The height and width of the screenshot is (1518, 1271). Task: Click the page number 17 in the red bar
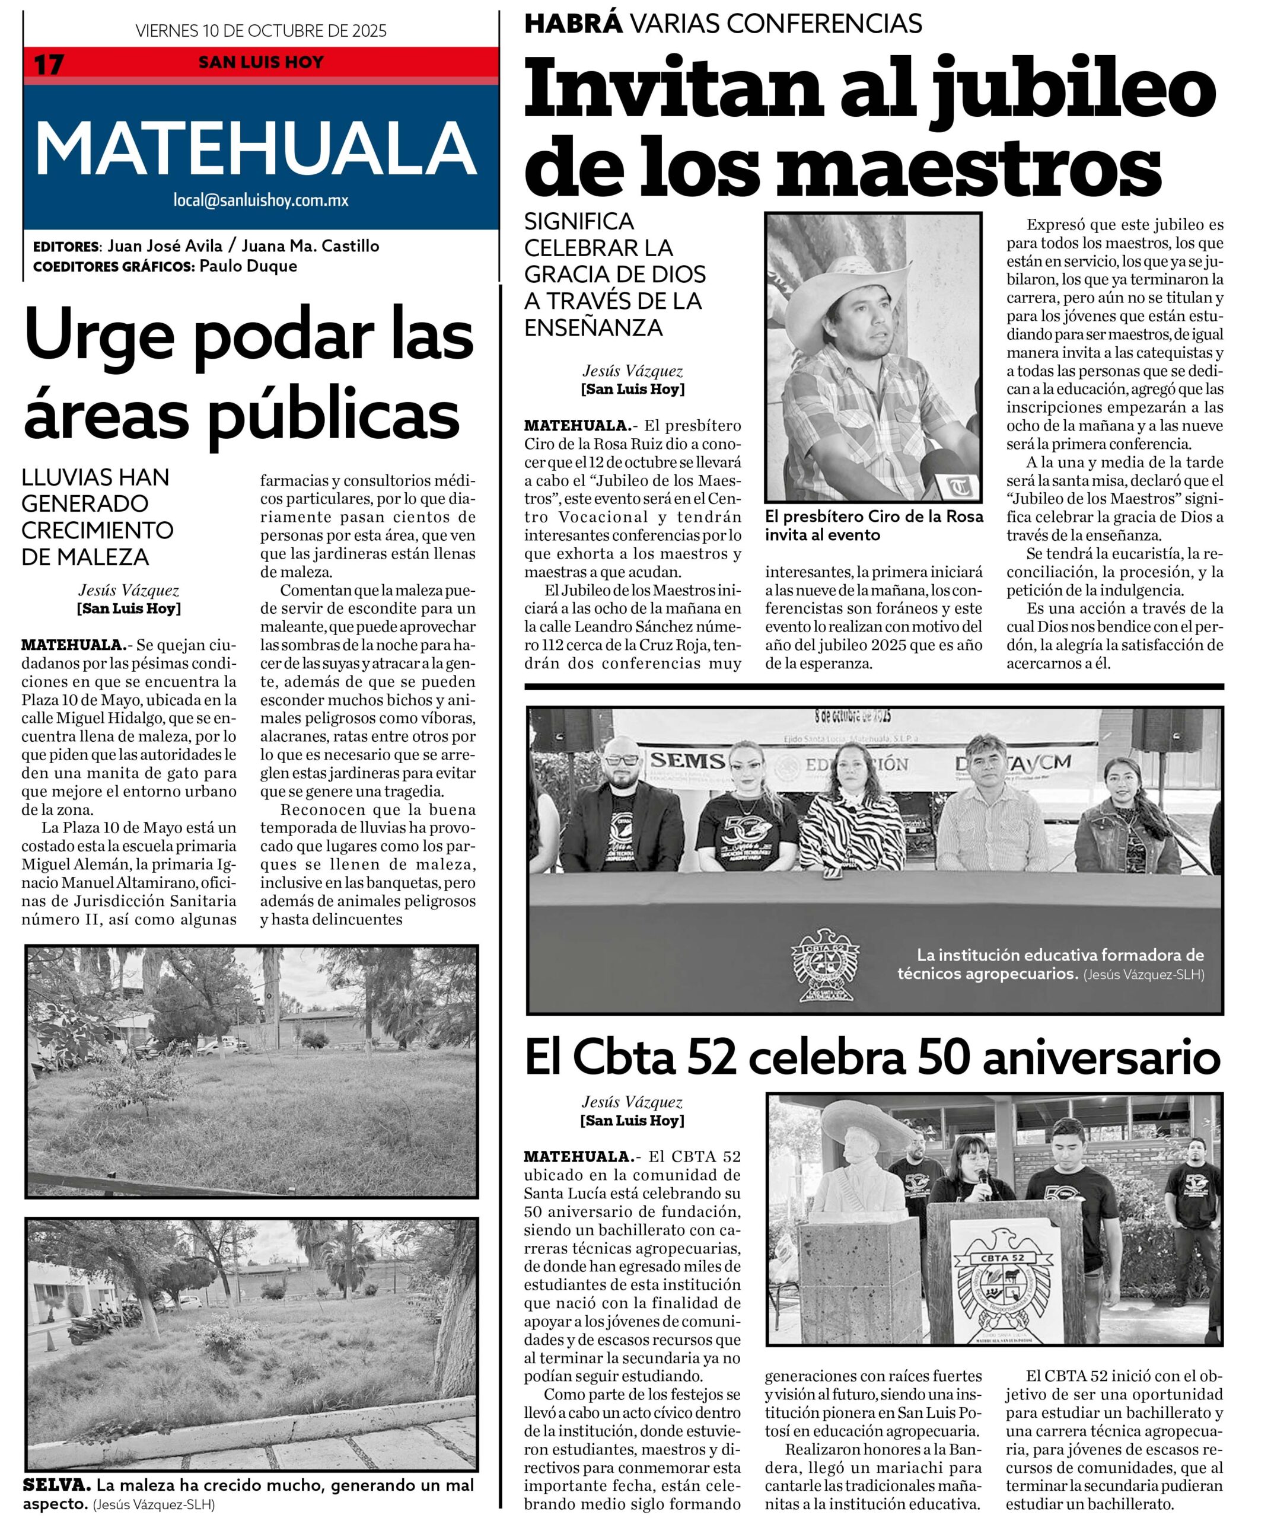pos(49,63)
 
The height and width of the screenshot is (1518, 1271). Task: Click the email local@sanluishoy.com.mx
pos(260,200)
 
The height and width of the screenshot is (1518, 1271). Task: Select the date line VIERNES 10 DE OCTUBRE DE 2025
pos(260,30)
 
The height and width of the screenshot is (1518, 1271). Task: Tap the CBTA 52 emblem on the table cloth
pos(825,966)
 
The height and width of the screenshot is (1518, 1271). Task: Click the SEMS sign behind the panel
pos(687,760)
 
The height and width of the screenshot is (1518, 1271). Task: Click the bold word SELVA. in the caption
pos(57,1485)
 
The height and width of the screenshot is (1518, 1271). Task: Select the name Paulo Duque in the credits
pos(248,266)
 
